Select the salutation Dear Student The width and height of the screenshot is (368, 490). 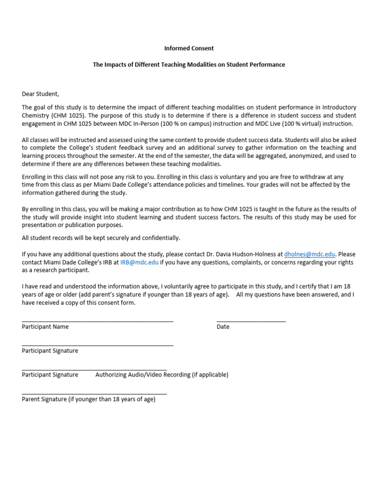(x=40, y=94)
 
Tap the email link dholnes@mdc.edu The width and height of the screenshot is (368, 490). (x=310, y=254)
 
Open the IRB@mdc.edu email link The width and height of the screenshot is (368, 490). (x=139, y=262)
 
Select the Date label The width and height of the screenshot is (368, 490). (x=223, y=327)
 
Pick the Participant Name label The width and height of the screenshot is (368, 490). (x=45, y=327)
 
